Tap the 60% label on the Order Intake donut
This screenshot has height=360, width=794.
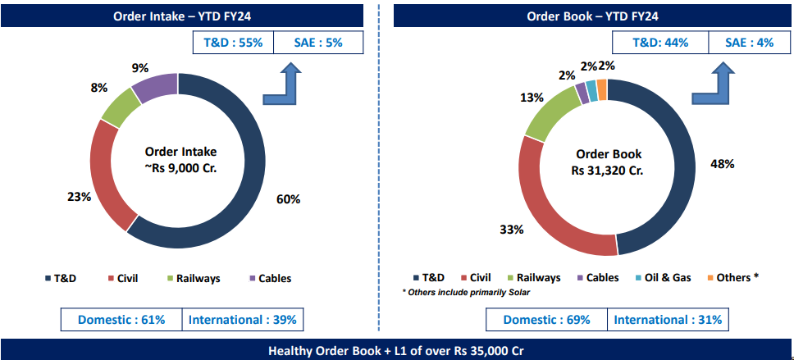click(288, 199)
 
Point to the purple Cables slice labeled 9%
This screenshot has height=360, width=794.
click(154, 87)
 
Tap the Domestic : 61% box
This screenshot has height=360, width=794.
click(121, 319)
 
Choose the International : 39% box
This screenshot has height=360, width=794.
click(243, 319)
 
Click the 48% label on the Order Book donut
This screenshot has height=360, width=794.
click(722, 164)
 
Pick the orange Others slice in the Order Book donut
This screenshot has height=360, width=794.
click(602, 89)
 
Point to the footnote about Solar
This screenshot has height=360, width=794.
click(466, 293)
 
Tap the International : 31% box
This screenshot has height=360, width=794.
click(667, 319)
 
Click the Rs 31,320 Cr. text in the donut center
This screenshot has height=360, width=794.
click(608, 171)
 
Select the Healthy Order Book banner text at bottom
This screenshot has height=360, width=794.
click(396, 350)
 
